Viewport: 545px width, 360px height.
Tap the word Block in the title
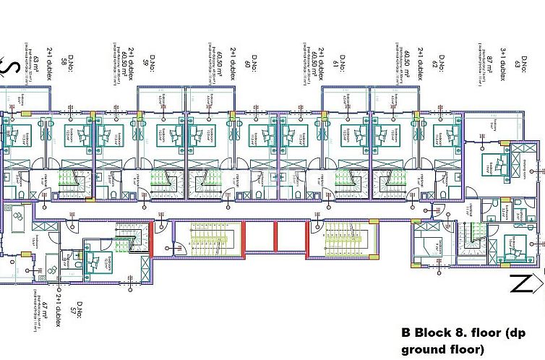coord(437,335)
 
